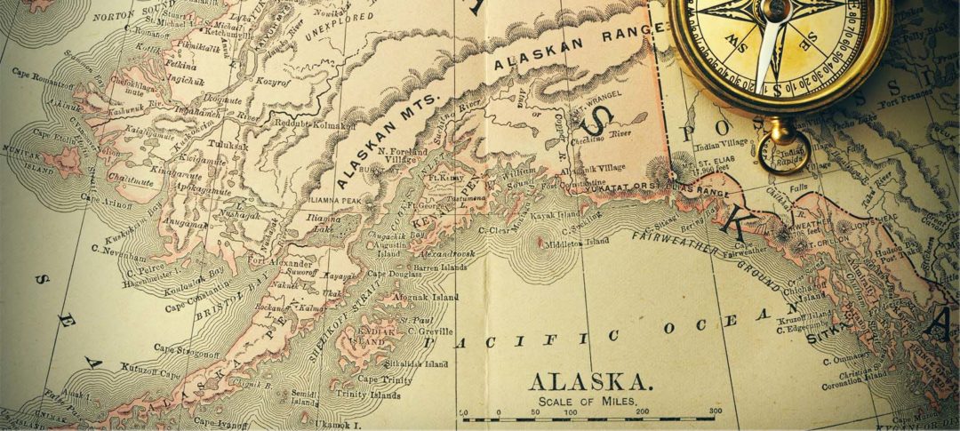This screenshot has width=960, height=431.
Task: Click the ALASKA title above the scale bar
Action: click(x=591, y=381)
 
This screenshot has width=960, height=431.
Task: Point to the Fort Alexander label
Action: click(x=280, y=262)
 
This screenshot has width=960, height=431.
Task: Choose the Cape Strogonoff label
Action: click(x=187, y=352)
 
